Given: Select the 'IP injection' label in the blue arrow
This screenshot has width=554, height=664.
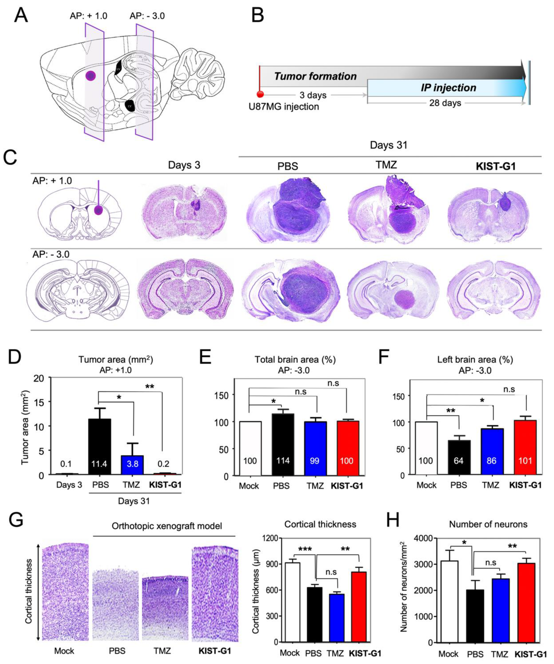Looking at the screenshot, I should (448, 88).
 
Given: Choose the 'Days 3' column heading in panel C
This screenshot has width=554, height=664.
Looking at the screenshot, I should (184, 165).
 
